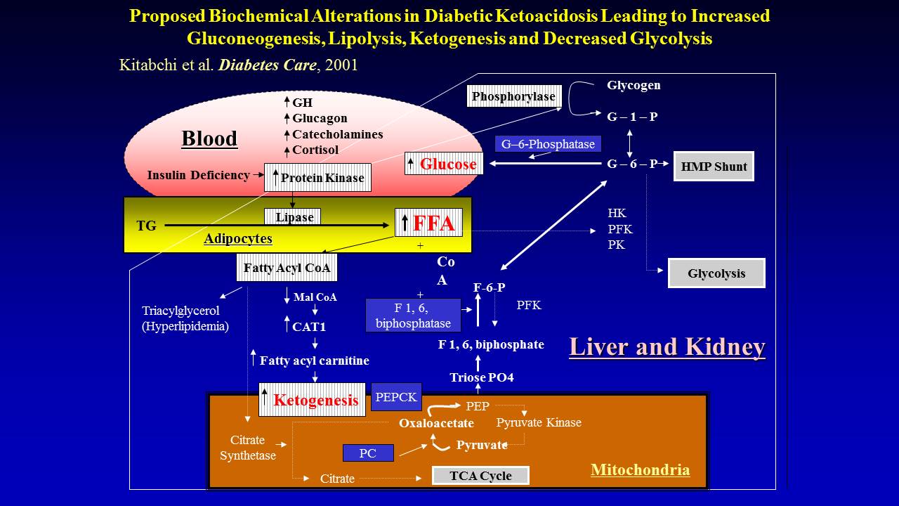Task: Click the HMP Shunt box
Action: click(714, 167)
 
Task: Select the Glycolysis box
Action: click(716, 273)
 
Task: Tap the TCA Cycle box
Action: click(480, 476)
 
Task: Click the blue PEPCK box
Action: click(396, 397)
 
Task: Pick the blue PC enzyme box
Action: click(368, 453)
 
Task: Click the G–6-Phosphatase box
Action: click(548, 144)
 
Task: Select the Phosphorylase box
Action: click(514, 96)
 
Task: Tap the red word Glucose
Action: click(448, 164)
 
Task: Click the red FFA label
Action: click(434, 223)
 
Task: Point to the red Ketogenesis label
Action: click(316, 401)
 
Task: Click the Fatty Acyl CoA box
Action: click(287, 268)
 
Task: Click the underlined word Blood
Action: click(209, 138)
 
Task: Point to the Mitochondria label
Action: click(640, 469)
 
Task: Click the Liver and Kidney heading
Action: click(667, 347)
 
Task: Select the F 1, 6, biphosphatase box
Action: click(413, 316)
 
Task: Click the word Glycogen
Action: click(634, 85)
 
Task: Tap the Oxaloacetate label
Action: click(436, 423)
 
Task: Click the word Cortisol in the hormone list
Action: click(315, 150)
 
